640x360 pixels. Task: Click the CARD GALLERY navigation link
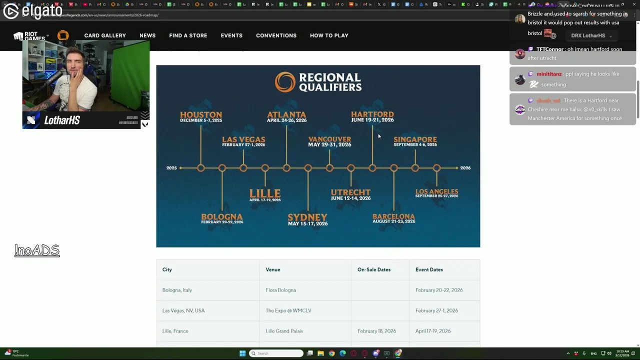(105, 35)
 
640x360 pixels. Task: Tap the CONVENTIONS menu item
(276, 35)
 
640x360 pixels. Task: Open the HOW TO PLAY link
(329, 35)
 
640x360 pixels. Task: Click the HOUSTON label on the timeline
(201, 115)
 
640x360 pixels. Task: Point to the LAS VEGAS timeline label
(243, 139)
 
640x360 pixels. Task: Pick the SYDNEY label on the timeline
(307, 217)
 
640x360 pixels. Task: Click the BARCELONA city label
(393, 216)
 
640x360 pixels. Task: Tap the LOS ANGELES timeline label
(436, 192)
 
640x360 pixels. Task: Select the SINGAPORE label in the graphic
(415, 139)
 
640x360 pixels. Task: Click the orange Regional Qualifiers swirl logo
(285, 82)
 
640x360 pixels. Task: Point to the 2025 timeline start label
(171, 168)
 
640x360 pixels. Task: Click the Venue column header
(273, 269)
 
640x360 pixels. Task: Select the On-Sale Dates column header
(374, 269)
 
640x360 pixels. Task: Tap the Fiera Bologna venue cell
(281, 290)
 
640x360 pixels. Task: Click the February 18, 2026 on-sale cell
(376, 331)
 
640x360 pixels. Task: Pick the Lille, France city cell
(175, 331)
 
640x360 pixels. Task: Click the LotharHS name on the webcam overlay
(62, 120)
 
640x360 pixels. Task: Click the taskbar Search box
(276, 353)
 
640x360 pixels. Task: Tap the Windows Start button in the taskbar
(242, 353)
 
